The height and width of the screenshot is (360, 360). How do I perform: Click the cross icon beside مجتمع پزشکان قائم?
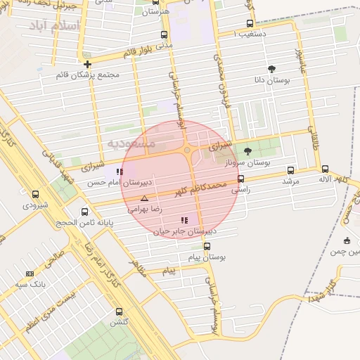click(87, 65)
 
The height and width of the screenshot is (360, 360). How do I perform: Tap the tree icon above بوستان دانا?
click(271, 69)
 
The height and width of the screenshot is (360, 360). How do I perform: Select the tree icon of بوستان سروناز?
click(247, 150)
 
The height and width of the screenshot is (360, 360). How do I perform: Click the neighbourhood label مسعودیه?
click(131, 143)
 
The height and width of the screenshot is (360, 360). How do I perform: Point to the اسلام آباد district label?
click(55, 27)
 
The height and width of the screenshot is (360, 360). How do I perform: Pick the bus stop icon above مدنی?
click(164, 34)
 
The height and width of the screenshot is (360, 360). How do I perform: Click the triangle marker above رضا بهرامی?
click(144, 198)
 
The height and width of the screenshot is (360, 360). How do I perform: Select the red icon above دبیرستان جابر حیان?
click(184, 220)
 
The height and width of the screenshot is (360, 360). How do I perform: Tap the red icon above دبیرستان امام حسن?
click(117, 172)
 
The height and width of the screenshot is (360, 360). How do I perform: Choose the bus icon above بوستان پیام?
click(207, 246)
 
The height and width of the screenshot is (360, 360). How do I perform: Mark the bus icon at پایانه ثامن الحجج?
click(85, 212)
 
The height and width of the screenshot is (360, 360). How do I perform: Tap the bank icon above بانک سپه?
click(30, 274)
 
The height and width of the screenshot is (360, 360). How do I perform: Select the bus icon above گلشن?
click(118, 311)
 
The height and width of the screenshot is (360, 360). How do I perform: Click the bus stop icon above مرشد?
click(291, 170)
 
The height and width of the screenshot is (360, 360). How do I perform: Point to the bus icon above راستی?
click(240, 179)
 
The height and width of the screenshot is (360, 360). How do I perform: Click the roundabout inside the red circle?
click(188, 149)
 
